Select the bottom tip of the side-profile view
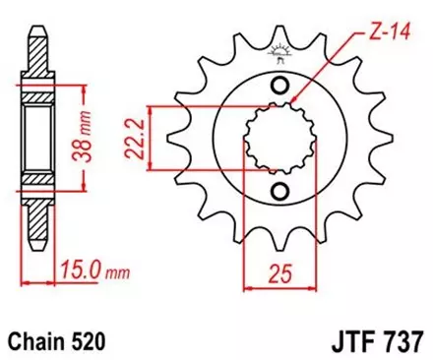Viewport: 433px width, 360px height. point(34,257)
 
